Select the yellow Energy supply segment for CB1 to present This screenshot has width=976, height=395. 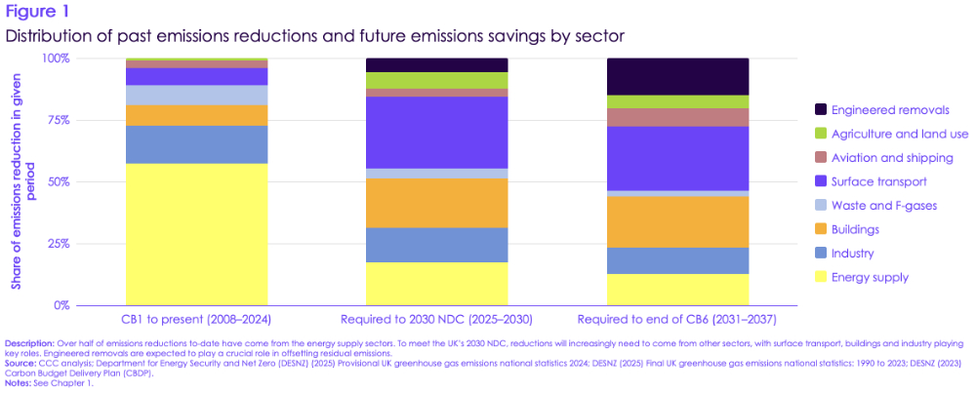pos(196,234)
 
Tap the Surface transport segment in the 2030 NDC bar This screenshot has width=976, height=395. pos(436,133)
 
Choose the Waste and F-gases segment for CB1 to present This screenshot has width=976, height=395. pos(196,95)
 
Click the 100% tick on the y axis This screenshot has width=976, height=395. pos(56,59)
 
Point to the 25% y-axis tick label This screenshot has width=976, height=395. pos(59,244)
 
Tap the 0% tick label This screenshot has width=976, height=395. pos(61,305)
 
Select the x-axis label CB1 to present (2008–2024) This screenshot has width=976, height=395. pos(197,319)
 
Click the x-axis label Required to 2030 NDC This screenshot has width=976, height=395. pos(436,319)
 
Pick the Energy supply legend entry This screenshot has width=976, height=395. pos(870,277)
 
